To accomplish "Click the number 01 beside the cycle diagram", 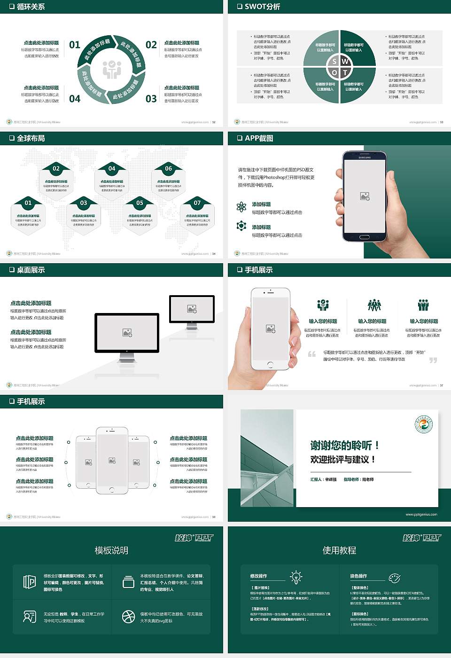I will (75, 45).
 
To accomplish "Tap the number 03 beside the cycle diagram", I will (151, 99).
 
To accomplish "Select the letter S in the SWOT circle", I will (334, 61).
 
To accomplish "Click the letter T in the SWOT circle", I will (345, 72).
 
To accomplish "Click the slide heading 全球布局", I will (31, 138).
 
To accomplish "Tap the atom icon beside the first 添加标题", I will (241, 207).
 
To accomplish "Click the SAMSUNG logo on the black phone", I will (365, 157).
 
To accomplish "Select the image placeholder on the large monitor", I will (127, 332).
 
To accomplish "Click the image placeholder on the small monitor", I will (192, 309).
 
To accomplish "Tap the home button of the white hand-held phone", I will (270, 364).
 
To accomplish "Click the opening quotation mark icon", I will (312, 354).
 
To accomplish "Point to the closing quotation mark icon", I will (433, 360).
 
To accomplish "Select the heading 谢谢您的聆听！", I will (345, 445).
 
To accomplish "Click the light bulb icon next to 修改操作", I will (296, 577).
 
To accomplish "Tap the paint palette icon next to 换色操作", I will (395, 578).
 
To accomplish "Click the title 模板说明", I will (111, 550).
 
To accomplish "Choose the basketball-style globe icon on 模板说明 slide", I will (128, 617).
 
